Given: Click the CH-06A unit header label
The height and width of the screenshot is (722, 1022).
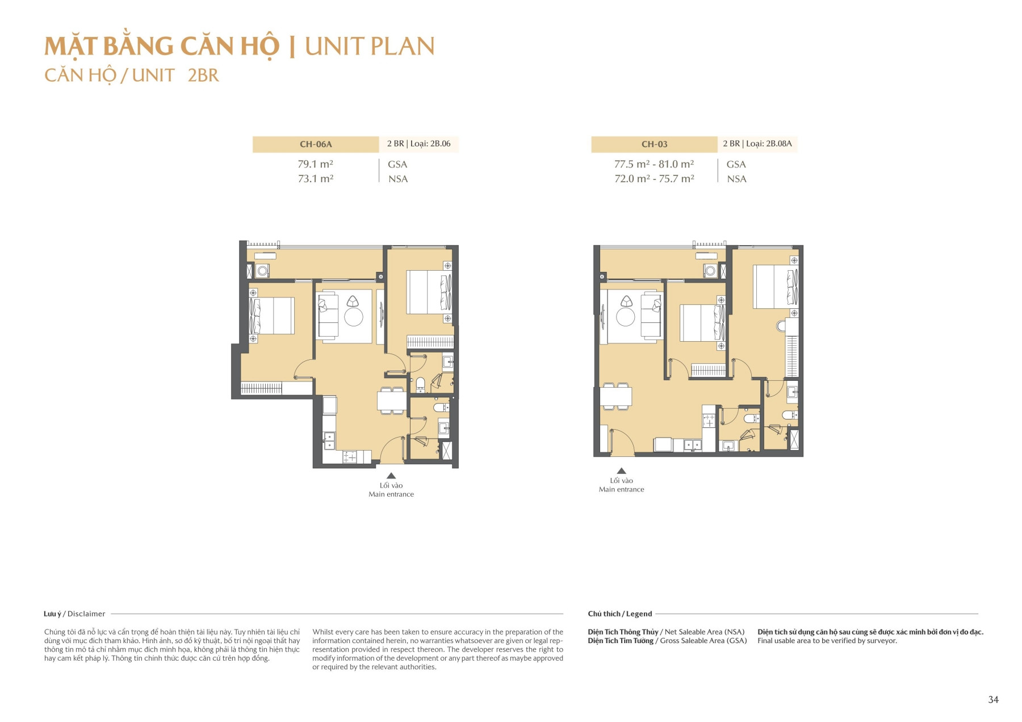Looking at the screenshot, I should pyautogui.click(x=316, y=144).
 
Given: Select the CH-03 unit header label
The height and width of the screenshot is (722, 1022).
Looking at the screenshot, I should pyautogui.click(x=654, y=144).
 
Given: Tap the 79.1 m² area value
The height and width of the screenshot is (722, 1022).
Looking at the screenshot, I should pyautogui.click(x=315, y=164).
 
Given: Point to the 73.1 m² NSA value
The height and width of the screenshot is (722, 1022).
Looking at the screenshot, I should pyautogui.click(x=315, y=179).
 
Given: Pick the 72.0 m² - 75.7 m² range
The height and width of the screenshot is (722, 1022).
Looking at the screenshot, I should pyautogui.click(x=654, y=179).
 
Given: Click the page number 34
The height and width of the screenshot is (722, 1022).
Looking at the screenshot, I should pyautogui.click(x=993, y=699).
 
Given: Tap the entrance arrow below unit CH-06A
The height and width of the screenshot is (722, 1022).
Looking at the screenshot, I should pyautogui.click(x=391, y=476).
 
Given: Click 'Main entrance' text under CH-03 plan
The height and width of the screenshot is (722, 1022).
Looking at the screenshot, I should pyautogui.click(x=621, y=489).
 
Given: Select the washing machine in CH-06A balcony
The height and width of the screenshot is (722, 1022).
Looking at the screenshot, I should pyautogui.click(x=262, y=271).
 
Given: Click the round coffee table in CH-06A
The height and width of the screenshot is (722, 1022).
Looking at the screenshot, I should pyautogui.click(x=354, y=317).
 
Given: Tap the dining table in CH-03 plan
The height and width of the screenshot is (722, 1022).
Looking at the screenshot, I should pyautogui.click(x=616, y=396).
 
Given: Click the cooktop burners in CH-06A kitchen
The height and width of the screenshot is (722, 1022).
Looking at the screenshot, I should pyautogui.click(x=350, y=456).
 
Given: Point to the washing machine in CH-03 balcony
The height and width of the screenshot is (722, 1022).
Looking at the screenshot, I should pyautogui.click(x=710, y=271).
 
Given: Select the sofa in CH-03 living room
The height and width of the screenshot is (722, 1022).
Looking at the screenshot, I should pyautogui.click(x=651, y=316).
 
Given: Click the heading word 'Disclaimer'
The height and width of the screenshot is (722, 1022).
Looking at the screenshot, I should pyautogui.click(x=86, y=614).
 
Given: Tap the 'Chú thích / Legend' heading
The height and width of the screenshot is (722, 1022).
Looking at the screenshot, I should pyautogui.click(x=619, y=614).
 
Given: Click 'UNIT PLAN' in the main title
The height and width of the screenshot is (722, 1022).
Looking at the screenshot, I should pyautogui.click(x=370, y=47).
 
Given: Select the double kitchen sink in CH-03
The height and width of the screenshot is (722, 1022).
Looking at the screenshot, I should pyautogui.click(x=692, y=445).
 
